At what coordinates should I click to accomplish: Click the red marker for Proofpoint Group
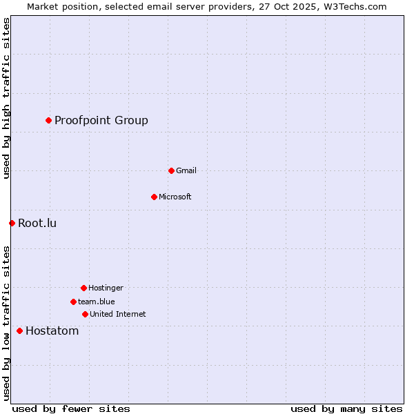tap(48, 121)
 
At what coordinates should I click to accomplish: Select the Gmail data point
tap(171, 170)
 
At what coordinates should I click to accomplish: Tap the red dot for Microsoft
tap(154, 197)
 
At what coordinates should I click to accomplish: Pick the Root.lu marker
tap(12, 223)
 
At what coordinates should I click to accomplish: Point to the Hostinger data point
tap(83, 288)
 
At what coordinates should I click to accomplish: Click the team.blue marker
tap(73, 302)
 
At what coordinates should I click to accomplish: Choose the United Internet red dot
tap(85, 314)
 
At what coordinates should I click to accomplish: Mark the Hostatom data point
tap(19, 331)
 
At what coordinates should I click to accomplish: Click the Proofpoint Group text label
tap(101, 121)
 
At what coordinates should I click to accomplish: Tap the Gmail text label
tap(186, 170)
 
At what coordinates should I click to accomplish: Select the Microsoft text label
tap(175, 197)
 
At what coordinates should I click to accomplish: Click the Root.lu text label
tap(37, 223)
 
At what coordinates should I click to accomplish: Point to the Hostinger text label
tap(106, 288)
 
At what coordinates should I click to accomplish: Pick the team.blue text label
tap(97, 302)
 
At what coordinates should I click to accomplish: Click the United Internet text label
tap(118, 314)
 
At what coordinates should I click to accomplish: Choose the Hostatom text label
tap(52, 331)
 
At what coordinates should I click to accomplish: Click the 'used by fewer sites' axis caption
tap(71, 408)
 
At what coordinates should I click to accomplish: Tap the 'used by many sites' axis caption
tap(346, 408)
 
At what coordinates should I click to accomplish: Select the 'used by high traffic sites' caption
tap(6, 98)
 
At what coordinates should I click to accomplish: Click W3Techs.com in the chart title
tap(353, 6)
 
